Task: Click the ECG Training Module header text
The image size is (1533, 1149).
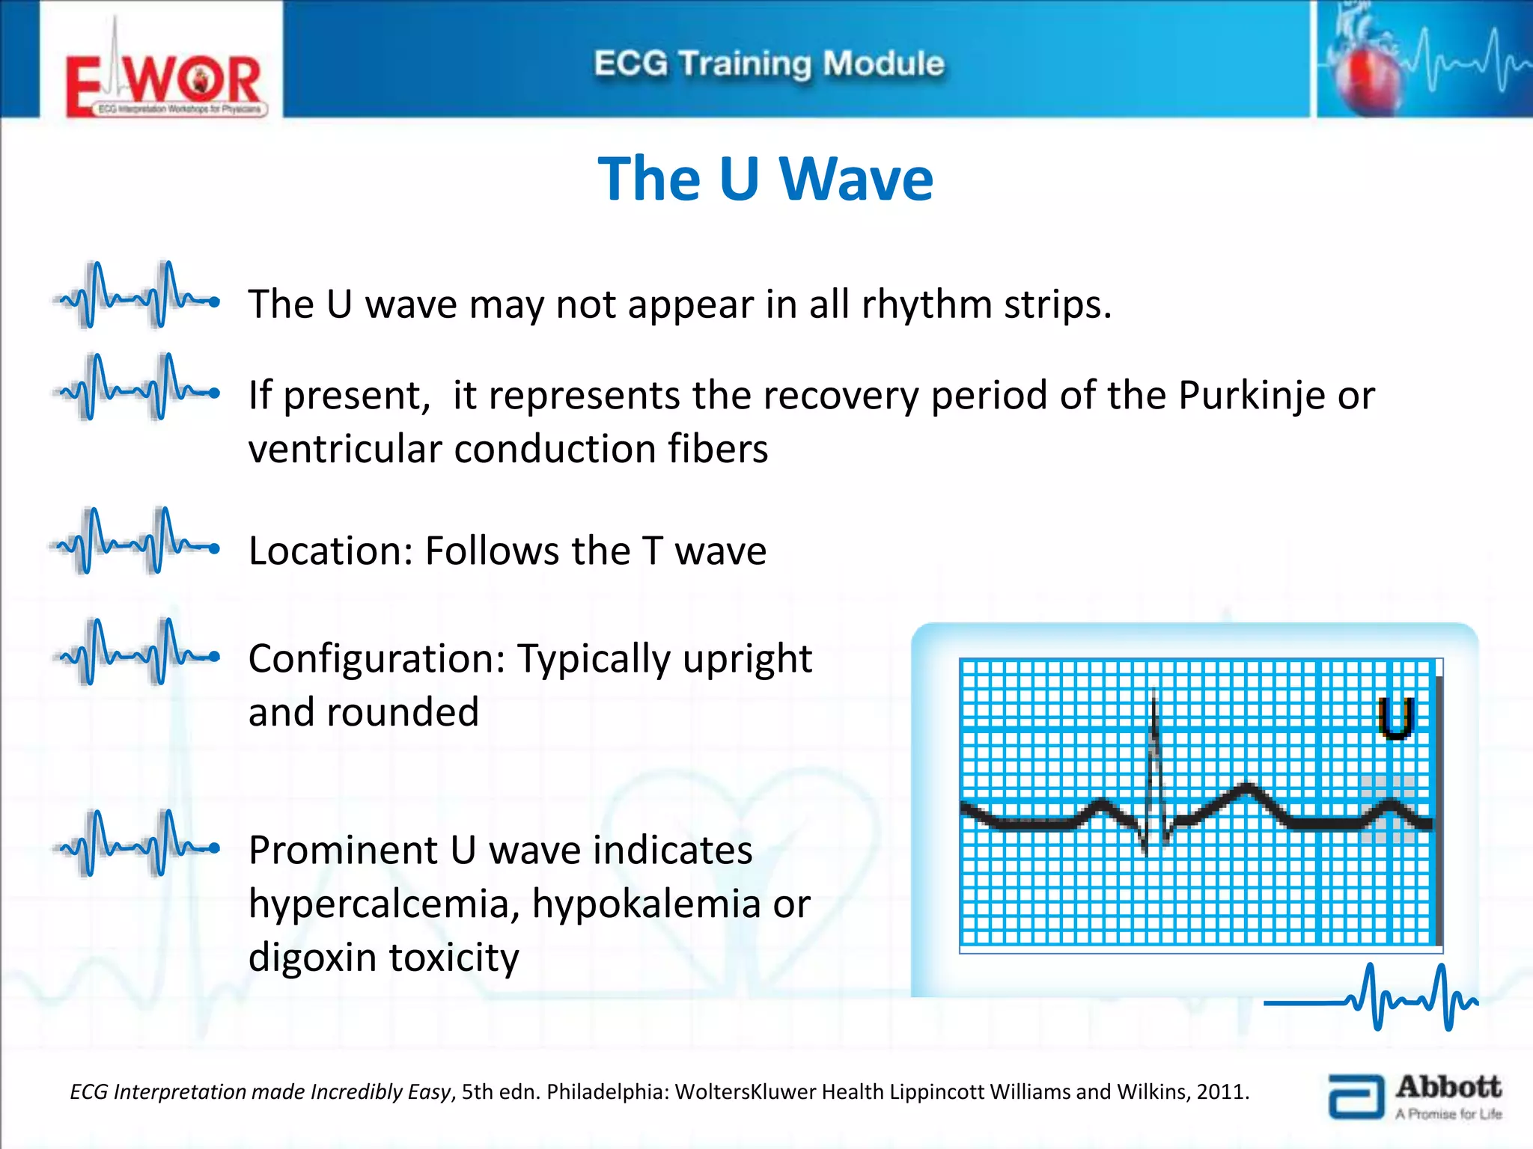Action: click(769, 64)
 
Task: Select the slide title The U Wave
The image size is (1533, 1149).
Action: click(765, 180)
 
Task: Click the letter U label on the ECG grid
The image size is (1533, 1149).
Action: click(1395, 717)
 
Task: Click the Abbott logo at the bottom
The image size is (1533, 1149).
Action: click(1415, 1097)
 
